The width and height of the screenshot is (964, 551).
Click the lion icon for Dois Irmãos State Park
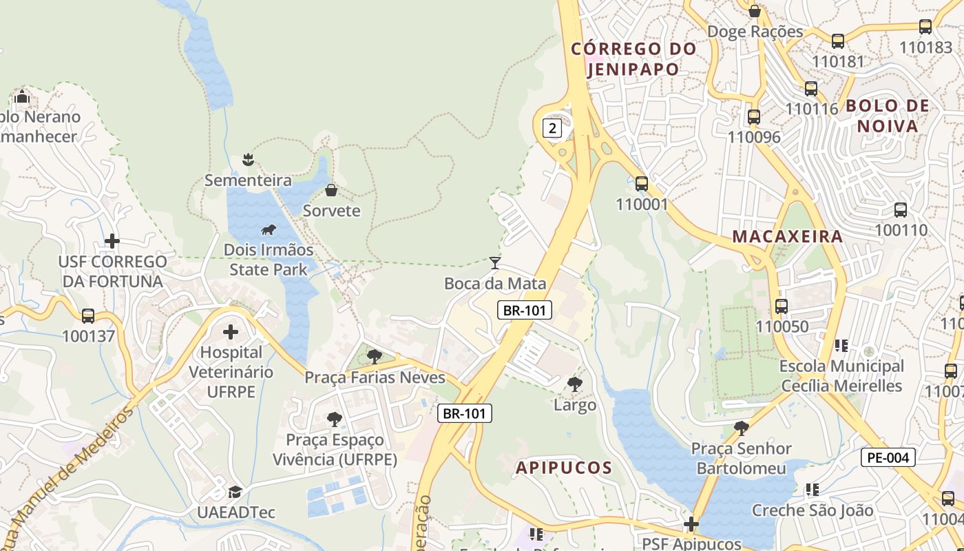pyautogui.click(x=269, y=230)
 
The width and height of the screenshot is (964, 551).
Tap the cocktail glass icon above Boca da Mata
pyautogui.click(x=494, y=262)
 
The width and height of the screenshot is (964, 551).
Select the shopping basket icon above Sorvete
pyautogui.click(x=331, y=190)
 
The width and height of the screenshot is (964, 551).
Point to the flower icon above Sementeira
pyautogui.click(x=248, y=160)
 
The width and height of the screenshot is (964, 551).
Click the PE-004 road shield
pyautogui.click(x=888, y=457)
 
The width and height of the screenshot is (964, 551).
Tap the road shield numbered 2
pyautogui.click(x=552, y=127)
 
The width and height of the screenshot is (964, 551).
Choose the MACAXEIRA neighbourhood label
pyautogui.click(x=787, y=236)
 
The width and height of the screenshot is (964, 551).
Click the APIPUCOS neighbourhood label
pyautogui.click(x=564, y=468)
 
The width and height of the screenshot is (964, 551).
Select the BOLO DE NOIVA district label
pyautogui.click(x=887, y=116)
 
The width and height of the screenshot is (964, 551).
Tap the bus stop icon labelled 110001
pyautogui.click(x=642, y=183)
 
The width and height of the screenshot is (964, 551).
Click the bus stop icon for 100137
pyautogui.click(x=88, y=316)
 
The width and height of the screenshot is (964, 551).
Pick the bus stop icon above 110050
pyautogui.click(x=781, y=306)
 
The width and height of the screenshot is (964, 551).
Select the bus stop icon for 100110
pyautogui.click(x=900, y=210)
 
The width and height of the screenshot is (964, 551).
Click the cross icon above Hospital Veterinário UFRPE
pyautogui.click(x=231, y=333)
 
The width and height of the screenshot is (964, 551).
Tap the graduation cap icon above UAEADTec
pyautogui.click(x=235, y=492)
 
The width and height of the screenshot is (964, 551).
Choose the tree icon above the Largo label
pyautogui.click(x=574, y=384)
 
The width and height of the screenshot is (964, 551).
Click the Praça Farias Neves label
pyautogui.click(x=375, y=377)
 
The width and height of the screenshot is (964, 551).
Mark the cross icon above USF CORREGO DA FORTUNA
pyautogui.click(x=112, y=241)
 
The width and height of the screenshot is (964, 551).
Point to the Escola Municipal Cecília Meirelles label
pyautogui.click(x=841, y=375)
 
